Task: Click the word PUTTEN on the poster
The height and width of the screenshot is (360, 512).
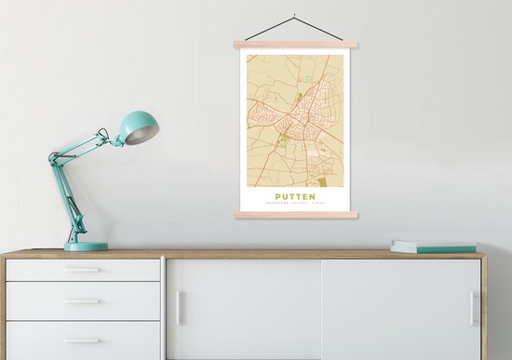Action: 295,195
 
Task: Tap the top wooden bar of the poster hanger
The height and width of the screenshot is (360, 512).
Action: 296,45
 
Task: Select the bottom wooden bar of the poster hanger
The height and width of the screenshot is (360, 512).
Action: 296,215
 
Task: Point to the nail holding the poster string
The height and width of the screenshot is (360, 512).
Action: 293,15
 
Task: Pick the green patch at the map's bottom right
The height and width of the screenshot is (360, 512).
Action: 323,181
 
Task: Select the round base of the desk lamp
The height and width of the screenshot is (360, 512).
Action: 86,247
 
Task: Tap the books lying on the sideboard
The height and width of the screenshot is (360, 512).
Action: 433,247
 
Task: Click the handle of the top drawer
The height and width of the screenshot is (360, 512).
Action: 83,271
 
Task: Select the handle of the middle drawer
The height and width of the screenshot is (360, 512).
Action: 83,301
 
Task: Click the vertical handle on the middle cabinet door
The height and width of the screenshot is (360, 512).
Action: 180,308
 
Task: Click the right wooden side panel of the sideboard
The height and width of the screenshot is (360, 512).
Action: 484,307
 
